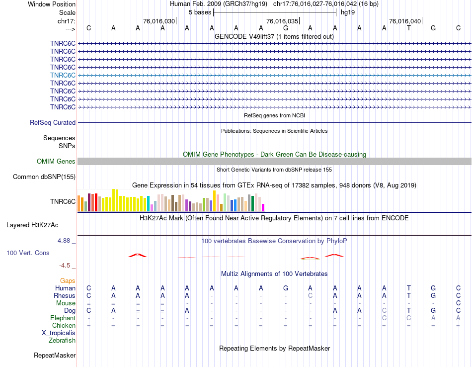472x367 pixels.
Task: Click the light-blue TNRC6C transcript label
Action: (x=63, y=75)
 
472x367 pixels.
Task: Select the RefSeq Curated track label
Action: (x=53, y=122)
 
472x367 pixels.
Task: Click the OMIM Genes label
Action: (x=56, y=161)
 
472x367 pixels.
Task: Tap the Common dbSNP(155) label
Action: (x=44, y=177)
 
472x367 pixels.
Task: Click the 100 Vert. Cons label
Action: (x=28, y=253)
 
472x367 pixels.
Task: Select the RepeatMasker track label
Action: (x=55, y=356)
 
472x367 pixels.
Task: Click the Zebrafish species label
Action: (x=62, y=341)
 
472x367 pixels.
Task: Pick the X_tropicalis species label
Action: (x=59, y=333)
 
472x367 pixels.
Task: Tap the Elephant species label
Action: (x=63, y=318)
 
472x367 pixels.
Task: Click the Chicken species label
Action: (x=64, y=326)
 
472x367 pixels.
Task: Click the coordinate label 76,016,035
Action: (x=282, y=21)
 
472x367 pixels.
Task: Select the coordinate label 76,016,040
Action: (x=405, y=21)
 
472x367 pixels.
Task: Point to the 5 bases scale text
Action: (x=200, y=12)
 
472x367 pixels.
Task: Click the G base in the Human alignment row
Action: (x=286, y=288)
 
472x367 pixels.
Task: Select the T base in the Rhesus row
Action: (x=408, y=295)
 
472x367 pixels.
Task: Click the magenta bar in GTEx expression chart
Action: (x=263, y=207)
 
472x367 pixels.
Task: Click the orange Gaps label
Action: (x=68, y=281)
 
